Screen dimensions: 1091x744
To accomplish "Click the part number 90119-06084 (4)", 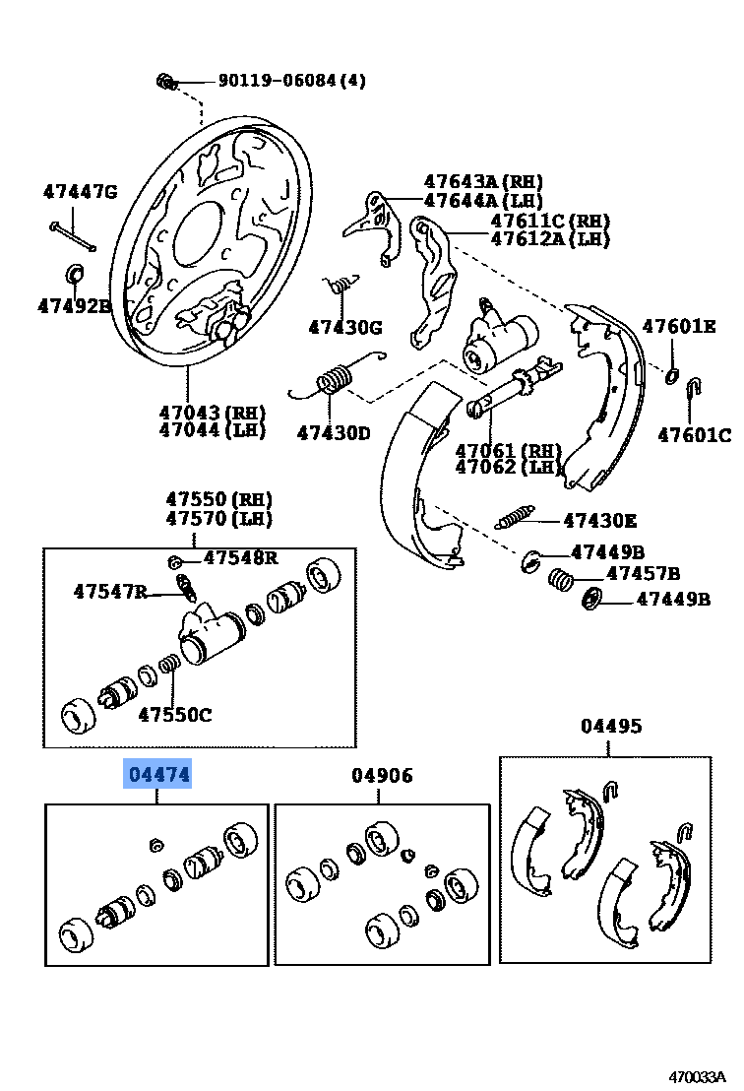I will coord(278,81).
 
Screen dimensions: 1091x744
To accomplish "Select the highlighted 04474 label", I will coord(156,775).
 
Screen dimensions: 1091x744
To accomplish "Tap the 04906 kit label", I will coord(382,775).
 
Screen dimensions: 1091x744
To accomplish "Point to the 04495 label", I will coord(610,726).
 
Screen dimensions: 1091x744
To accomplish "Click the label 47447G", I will coord(80,191).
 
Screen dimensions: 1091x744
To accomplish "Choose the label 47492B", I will coord(74,305).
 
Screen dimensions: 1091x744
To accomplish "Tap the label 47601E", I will coord(679,327).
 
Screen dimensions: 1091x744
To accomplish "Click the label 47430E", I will coord(599,521).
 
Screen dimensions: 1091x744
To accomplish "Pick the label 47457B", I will coord(643,573).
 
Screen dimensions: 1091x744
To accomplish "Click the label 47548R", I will coord(240,558).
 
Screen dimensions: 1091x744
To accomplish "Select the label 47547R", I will coord(110,591).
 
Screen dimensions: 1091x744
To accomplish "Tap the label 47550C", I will coord(174,714).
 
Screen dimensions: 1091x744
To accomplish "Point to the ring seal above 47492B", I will coord(75,271).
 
